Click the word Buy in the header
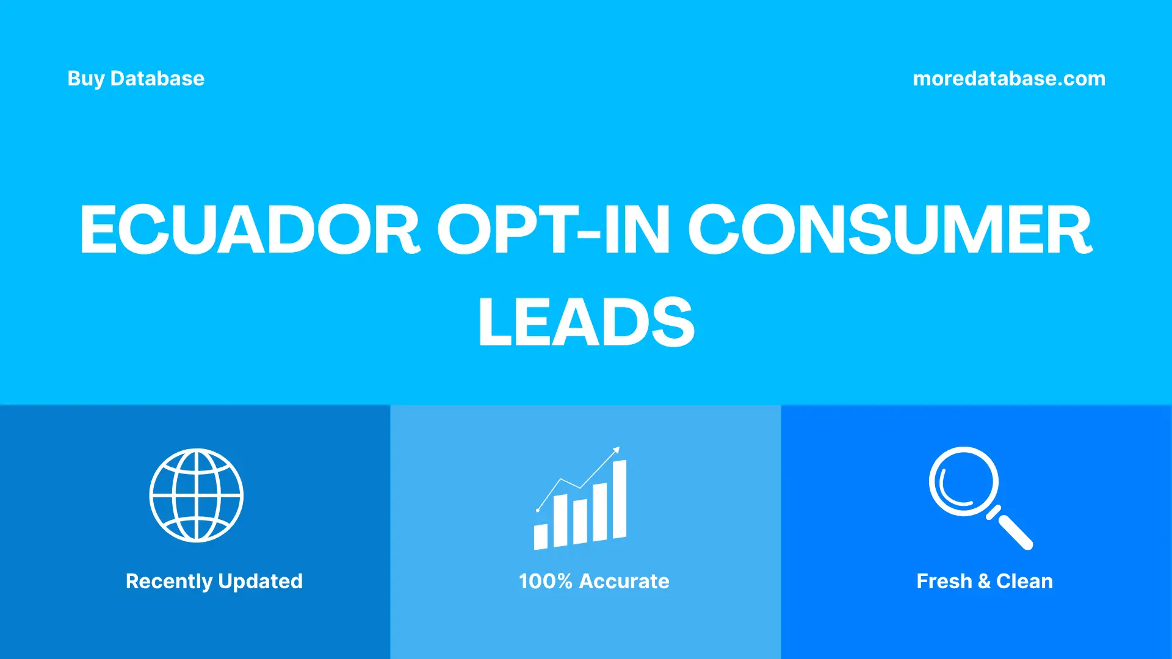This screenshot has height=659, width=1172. [85, 79]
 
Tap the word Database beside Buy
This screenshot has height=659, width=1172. [157, 79]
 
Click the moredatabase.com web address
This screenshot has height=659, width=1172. [1008, 79]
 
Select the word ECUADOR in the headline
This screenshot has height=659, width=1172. [250, 229]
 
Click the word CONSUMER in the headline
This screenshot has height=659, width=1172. [889, 229]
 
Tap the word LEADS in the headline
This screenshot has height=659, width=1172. [586, 322]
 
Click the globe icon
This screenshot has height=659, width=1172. [197, 495]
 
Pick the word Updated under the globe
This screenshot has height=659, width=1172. [261, 581]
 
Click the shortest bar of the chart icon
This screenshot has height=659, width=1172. [541, 536]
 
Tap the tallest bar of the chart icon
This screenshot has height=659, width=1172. [619, 499]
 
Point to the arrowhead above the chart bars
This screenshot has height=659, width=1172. [617, 450]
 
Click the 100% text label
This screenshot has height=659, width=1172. [545, 581]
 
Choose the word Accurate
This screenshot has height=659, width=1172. [624, 581]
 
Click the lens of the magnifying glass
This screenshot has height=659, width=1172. [963, 481]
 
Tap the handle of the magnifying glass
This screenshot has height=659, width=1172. [1014, 531]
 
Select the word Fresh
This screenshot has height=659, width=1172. [944, 581]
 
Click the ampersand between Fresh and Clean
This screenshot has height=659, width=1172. [984, 581]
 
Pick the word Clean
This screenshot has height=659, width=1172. [1024, 581]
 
